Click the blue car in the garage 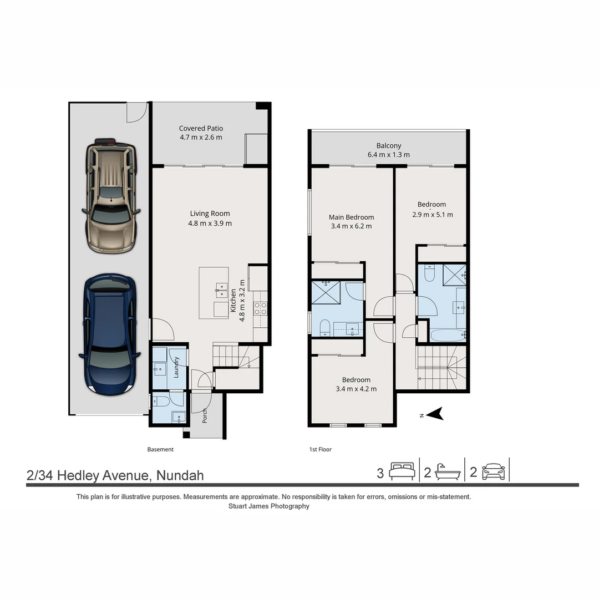[110, 334]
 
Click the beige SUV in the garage [111, 196]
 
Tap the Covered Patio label [201, 128]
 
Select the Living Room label [210, 214]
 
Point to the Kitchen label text [233, 301]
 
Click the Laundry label [176, 367]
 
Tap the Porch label [204, 415]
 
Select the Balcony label [388, 145]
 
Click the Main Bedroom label [351, 217]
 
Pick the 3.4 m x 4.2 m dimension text [356, 389]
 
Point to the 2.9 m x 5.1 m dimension [433, 215]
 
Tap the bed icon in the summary [402, 471]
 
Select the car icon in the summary [494, 472]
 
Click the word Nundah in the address [180, 475]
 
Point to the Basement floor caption [160, 449]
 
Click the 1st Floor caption [321, 449]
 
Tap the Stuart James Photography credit [269, 506]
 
